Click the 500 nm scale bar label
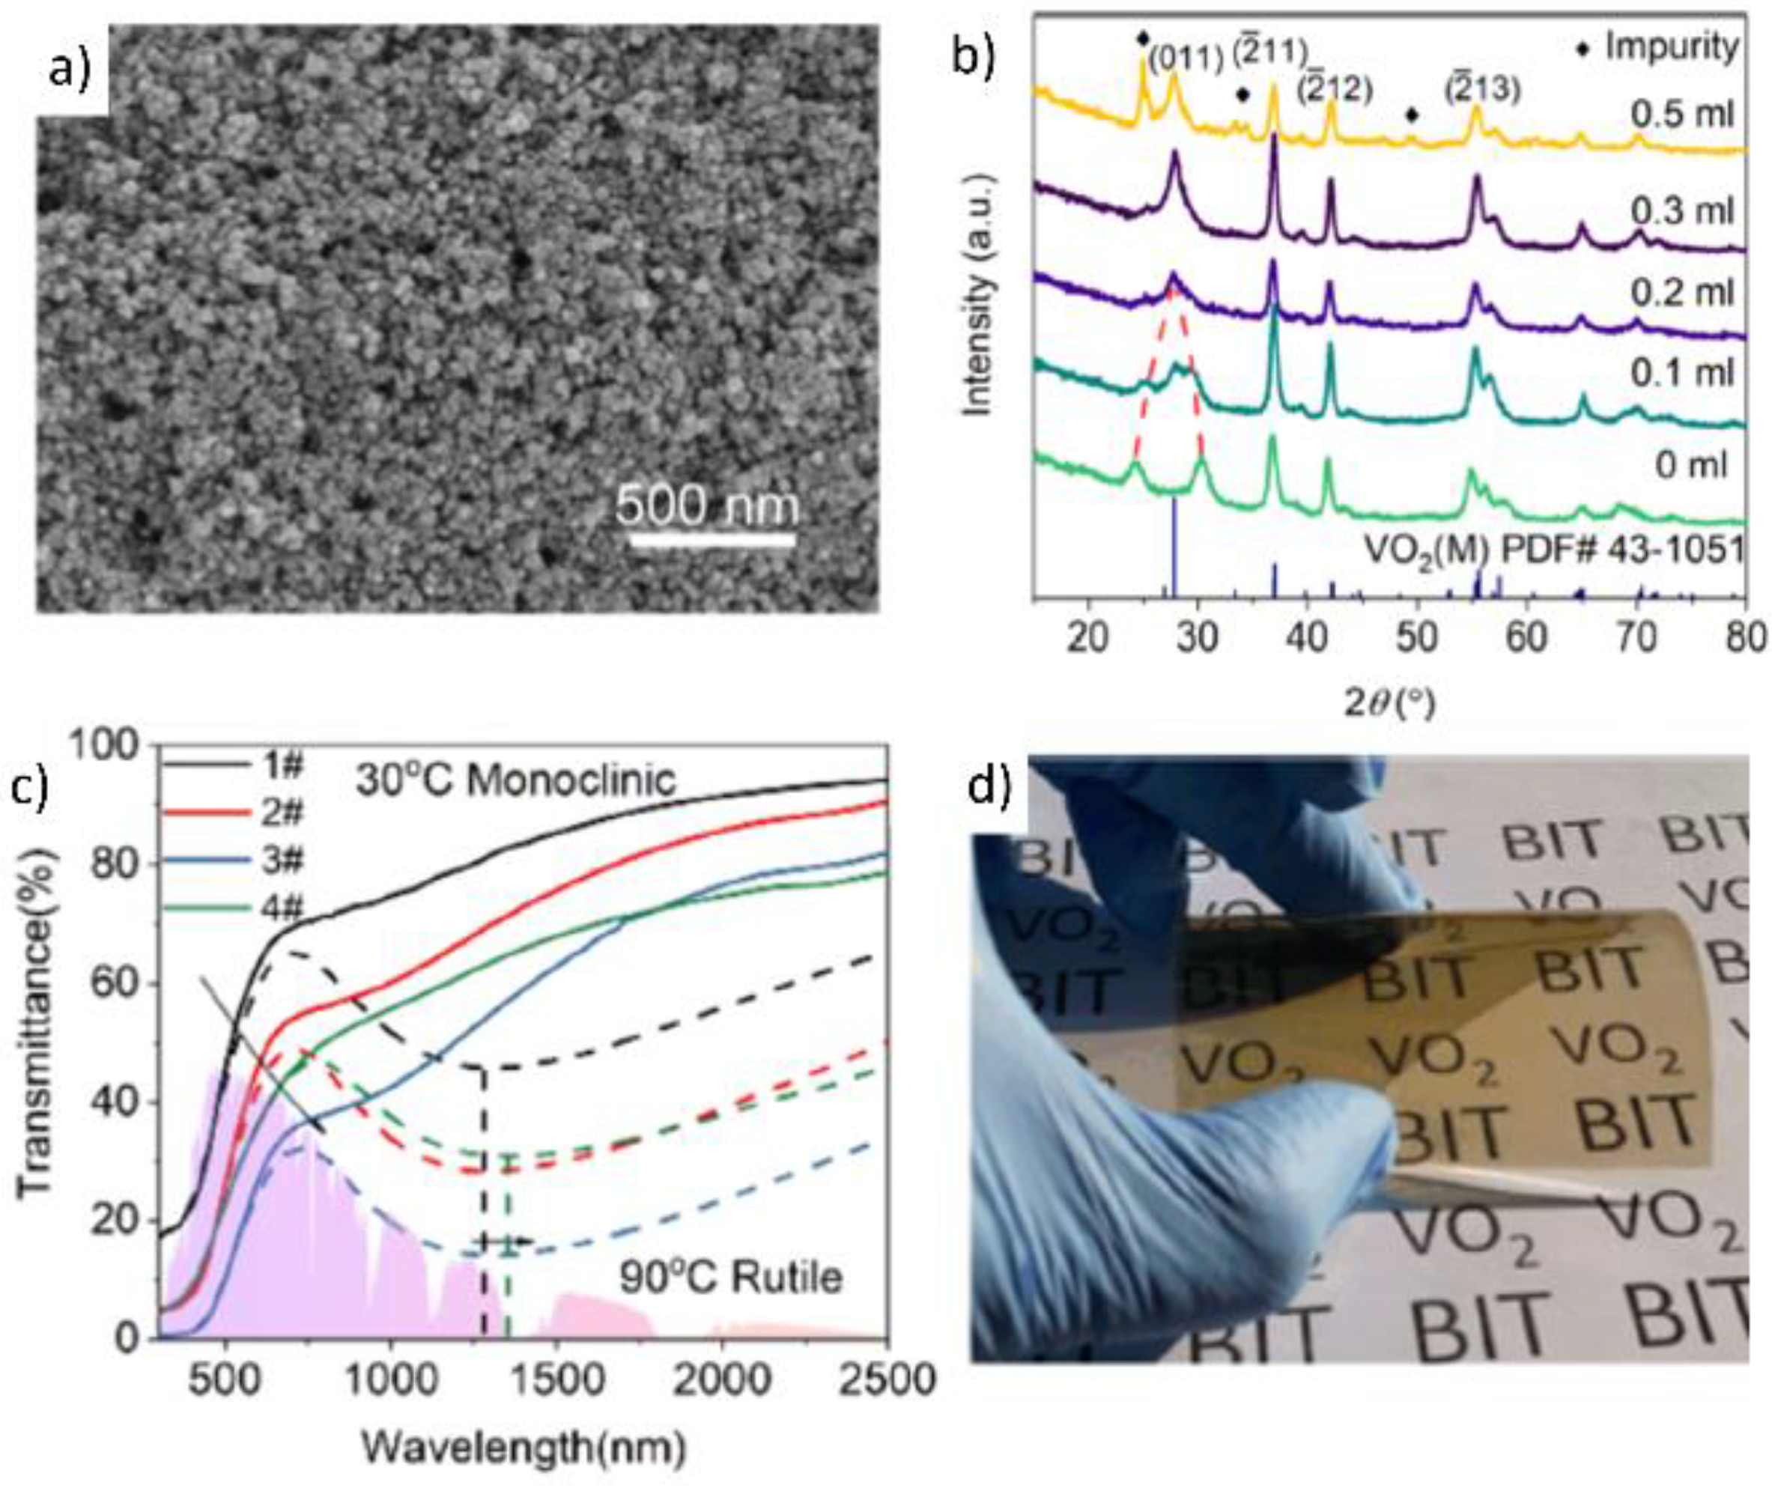click(707, 507)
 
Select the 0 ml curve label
click(1690, 465)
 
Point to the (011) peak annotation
click(1186, 58)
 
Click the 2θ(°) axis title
click(1390, 702)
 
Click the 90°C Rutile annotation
click(731, 1277)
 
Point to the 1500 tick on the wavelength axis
click(556, 1380)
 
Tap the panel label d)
click(989, 789)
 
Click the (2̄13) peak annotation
click(1483, 88)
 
